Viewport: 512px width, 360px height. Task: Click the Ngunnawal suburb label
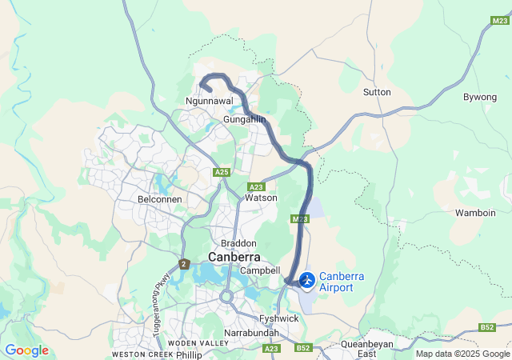[209, 102]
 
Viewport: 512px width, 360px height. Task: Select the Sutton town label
[377, 92]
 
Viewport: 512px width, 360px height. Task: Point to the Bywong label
[480, 97]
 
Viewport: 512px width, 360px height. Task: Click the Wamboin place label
[477, 213]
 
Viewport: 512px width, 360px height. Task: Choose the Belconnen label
[160, 198]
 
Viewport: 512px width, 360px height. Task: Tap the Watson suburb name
[262, 198]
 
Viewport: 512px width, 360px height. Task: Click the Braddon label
[239, 243]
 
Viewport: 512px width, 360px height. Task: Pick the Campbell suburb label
[259, 271]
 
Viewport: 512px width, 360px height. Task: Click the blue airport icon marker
[307, 281]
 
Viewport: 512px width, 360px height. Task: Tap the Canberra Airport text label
[342, 282]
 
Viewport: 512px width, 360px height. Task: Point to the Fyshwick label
[278, 318]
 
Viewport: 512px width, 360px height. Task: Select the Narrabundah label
[250, 331]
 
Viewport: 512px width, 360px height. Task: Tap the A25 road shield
[222, 172]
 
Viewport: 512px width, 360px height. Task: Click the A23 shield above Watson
[256, 186]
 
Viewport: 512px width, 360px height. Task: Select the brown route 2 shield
[184, 264]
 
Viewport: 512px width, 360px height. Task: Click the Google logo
[26, 350]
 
